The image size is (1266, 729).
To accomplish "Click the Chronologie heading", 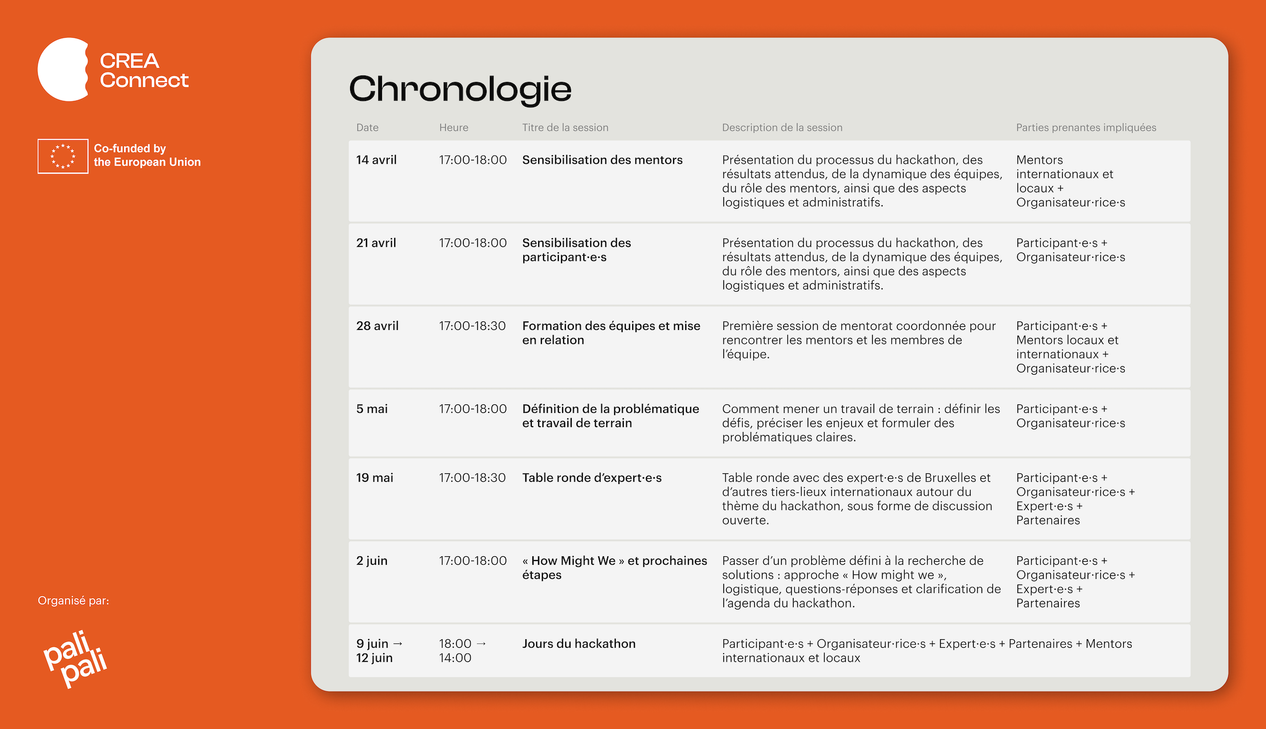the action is coord(460,89).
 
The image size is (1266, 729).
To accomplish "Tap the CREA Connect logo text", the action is coord(144,70).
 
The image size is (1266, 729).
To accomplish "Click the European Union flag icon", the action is coord(63,156).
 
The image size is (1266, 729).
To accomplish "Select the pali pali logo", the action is coord(75,659).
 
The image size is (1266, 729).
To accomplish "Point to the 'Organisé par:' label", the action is coord(73,600).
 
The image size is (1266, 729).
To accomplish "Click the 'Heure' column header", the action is coord(454,128).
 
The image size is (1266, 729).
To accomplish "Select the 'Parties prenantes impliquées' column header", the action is coord(1086,128).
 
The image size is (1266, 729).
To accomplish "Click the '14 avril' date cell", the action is coord(376,160).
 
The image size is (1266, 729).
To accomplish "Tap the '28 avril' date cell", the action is coord(377,326).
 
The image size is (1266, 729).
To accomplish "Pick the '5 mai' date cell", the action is coord(372,409).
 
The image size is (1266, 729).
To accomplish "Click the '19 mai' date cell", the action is coord(375,478).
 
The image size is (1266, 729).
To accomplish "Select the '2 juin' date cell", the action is coord(372,561).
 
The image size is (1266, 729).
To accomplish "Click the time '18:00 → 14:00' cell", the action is coord(462,650).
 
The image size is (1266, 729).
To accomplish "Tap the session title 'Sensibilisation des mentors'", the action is coord(602,160).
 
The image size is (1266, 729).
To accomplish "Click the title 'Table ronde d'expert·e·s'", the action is coord(592,478).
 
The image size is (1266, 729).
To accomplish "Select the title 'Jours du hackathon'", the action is coord(579,643).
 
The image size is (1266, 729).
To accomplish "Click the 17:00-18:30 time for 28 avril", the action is coord(472,326).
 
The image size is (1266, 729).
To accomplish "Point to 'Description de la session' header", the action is coord(782,128).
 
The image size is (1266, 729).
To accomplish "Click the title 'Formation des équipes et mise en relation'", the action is coord(611,333).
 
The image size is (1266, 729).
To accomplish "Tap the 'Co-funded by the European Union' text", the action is coord(147,155).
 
